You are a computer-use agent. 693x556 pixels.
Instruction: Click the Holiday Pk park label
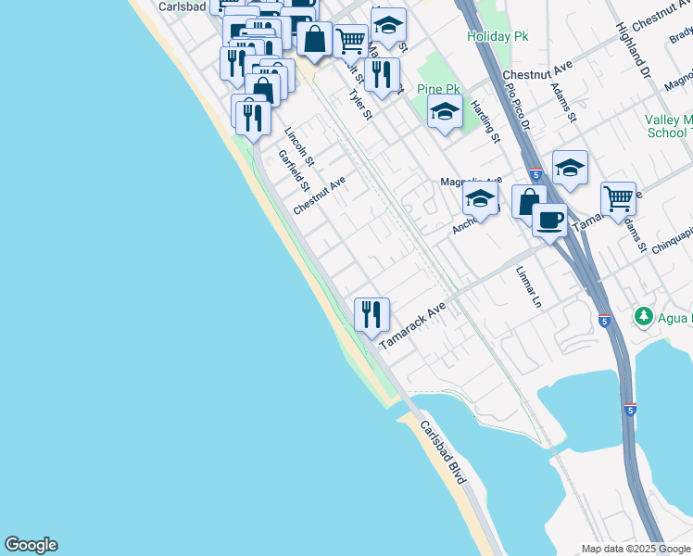pos(498,36)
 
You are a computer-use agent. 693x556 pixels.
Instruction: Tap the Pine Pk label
pos(439,89)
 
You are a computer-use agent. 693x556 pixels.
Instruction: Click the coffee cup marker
pos(549,221)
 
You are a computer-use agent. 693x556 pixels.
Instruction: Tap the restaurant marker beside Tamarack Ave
pos(372,314)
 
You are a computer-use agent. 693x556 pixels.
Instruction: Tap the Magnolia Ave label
pos(471,180)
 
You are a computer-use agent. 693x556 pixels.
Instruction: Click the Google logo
pos(31,545)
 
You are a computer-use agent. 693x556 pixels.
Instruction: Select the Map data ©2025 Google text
pos(636,549)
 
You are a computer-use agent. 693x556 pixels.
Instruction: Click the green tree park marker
pos(644,317)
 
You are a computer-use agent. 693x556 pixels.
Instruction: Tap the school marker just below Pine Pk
pos(445,113)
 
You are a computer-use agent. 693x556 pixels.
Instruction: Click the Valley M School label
pos(668,126)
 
